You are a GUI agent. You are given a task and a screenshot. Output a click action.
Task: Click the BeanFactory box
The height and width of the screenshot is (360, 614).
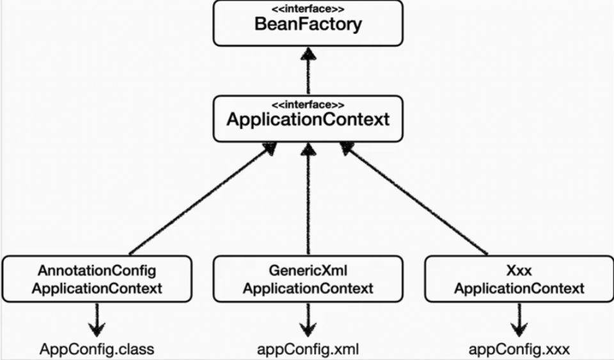tap(308, 24)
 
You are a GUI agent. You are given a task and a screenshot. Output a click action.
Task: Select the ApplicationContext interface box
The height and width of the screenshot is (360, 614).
tap(308, 118)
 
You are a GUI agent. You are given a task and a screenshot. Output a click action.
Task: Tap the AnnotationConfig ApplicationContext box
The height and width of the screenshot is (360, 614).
tap(97, 279)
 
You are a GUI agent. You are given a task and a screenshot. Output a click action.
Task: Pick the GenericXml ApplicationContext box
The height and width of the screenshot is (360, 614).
tap(308, 279)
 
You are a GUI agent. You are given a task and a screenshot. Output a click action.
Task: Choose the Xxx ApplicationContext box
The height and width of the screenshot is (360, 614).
tap(519, 279)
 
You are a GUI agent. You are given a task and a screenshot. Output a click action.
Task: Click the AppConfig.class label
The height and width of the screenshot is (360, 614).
tap(97, 349)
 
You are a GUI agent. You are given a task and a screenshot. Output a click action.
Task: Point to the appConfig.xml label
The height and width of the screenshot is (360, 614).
tap(308, 349)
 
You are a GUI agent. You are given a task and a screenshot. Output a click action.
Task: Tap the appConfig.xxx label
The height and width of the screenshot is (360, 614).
tap(519, 349)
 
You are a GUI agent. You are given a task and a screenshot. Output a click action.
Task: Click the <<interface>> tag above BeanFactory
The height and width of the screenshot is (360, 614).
tap(308, 10)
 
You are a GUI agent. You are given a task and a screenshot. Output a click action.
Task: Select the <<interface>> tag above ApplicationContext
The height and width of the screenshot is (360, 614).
tap(308, 105)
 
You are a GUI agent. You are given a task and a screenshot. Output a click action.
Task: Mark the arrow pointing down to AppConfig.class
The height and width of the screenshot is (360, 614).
tap(97, 319)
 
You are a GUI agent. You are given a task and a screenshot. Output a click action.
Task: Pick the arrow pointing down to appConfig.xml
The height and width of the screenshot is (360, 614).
tap(308, 319)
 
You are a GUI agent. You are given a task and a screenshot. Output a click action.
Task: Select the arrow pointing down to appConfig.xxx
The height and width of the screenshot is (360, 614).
tap(519, 319)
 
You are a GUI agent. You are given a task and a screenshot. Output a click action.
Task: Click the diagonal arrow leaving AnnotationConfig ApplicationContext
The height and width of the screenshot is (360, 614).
tap(198, 200)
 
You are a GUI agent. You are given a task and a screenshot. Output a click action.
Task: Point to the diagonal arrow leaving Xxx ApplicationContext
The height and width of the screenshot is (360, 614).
tap(416, 200)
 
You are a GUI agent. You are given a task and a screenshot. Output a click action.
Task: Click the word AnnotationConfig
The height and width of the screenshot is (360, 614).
tap(97, 270)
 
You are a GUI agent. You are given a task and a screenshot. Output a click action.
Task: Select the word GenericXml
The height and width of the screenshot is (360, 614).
tap(308, 270)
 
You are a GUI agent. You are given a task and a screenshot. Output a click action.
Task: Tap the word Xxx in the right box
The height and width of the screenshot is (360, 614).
tap(519, 270)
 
